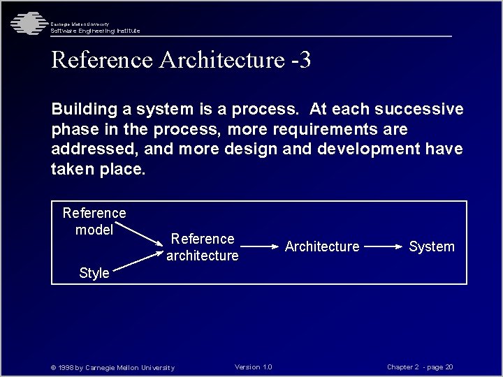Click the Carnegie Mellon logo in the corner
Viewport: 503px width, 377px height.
point(27,23)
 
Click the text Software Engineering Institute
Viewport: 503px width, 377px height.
point(95,31)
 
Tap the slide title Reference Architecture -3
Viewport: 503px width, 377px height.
point(181,60)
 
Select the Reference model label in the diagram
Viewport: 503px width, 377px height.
point(94,221)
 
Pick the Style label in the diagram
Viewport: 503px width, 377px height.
point(94,273)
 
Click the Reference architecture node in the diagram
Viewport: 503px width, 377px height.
point(203,247)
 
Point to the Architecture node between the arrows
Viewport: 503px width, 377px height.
point(322,246)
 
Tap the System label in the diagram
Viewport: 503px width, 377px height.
point(431,246)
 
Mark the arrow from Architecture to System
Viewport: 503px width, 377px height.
point(383,246)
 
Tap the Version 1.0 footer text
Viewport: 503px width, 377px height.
point(254,367)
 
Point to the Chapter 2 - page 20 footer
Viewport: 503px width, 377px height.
point(420,367)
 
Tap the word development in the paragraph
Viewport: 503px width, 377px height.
point(377,149)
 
